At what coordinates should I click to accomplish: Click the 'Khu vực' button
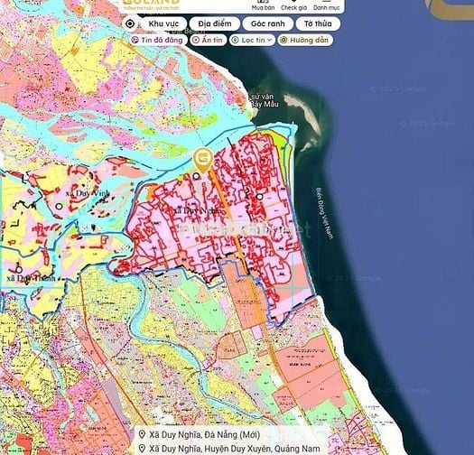[x=162, y=24]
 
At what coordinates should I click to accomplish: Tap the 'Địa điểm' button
[x=217, y=24]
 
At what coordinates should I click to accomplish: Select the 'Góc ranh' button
[x=269, y=24]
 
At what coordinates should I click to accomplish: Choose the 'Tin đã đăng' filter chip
[x=158, y=41]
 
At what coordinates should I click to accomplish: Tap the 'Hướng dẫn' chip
[x=305, y=41]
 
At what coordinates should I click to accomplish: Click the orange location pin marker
[x=203, y=161]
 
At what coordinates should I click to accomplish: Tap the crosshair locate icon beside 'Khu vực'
[x=130, y=24]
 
